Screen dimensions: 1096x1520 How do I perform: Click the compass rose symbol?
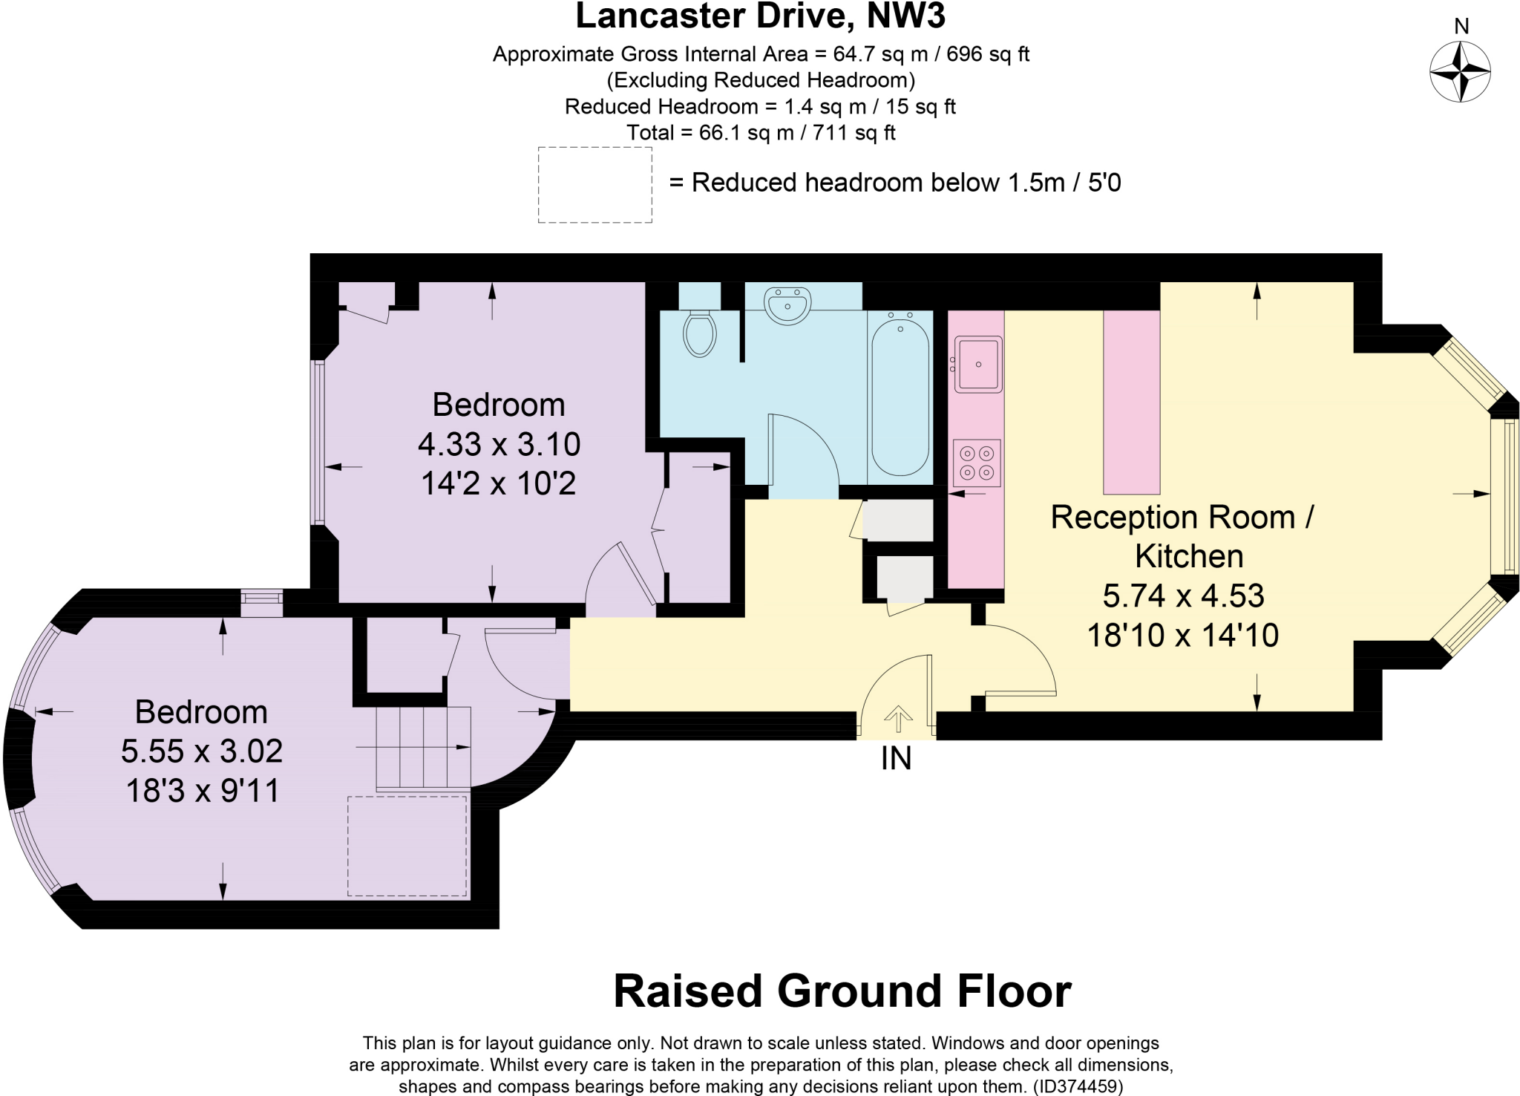coord(1460,72)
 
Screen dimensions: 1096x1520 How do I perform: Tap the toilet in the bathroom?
coord(699,333)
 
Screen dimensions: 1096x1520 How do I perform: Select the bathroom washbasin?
coord(787,306)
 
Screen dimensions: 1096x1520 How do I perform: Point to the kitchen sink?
coord(978,364)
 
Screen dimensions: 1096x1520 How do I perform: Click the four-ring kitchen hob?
coord(977,463)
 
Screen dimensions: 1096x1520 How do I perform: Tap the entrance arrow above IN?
coord(898,718)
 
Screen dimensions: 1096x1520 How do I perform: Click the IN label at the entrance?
coord(896,758)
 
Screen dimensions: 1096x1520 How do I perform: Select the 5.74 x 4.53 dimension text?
coord(1183,596)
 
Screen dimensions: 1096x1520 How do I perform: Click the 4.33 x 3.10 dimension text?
coord(499,444)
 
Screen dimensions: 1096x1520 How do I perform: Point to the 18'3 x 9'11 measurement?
coord(203,790)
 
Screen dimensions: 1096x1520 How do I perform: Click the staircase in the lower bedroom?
coord(424,747)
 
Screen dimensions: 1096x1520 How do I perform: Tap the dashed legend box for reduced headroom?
coord(594,185)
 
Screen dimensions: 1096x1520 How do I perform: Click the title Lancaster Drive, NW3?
coord(760,16)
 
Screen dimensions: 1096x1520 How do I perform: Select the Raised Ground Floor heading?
coord(842,991)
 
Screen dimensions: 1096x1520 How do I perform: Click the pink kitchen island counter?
coord(1131,402)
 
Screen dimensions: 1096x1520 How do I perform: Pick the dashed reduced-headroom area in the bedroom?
coord(407,846)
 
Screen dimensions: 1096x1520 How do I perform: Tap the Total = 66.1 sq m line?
coord(760,133)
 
